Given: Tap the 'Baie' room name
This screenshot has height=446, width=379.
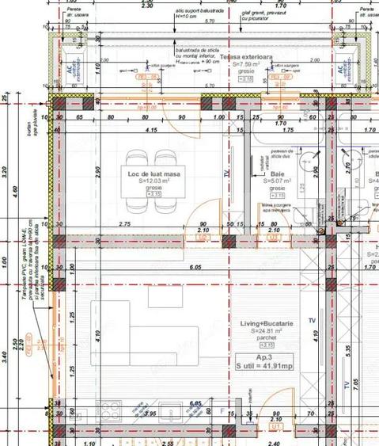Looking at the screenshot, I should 277,173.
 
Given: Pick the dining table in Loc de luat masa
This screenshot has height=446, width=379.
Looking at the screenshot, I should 153,181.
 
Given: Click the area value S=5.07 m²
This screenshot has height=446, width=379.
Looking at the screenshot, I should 277,181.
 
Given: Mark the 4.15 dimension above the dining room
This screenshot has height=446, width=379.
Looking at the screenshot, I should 150,130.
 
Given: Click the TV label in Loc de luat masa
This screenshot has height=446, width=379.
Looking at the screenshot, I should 226,173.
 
